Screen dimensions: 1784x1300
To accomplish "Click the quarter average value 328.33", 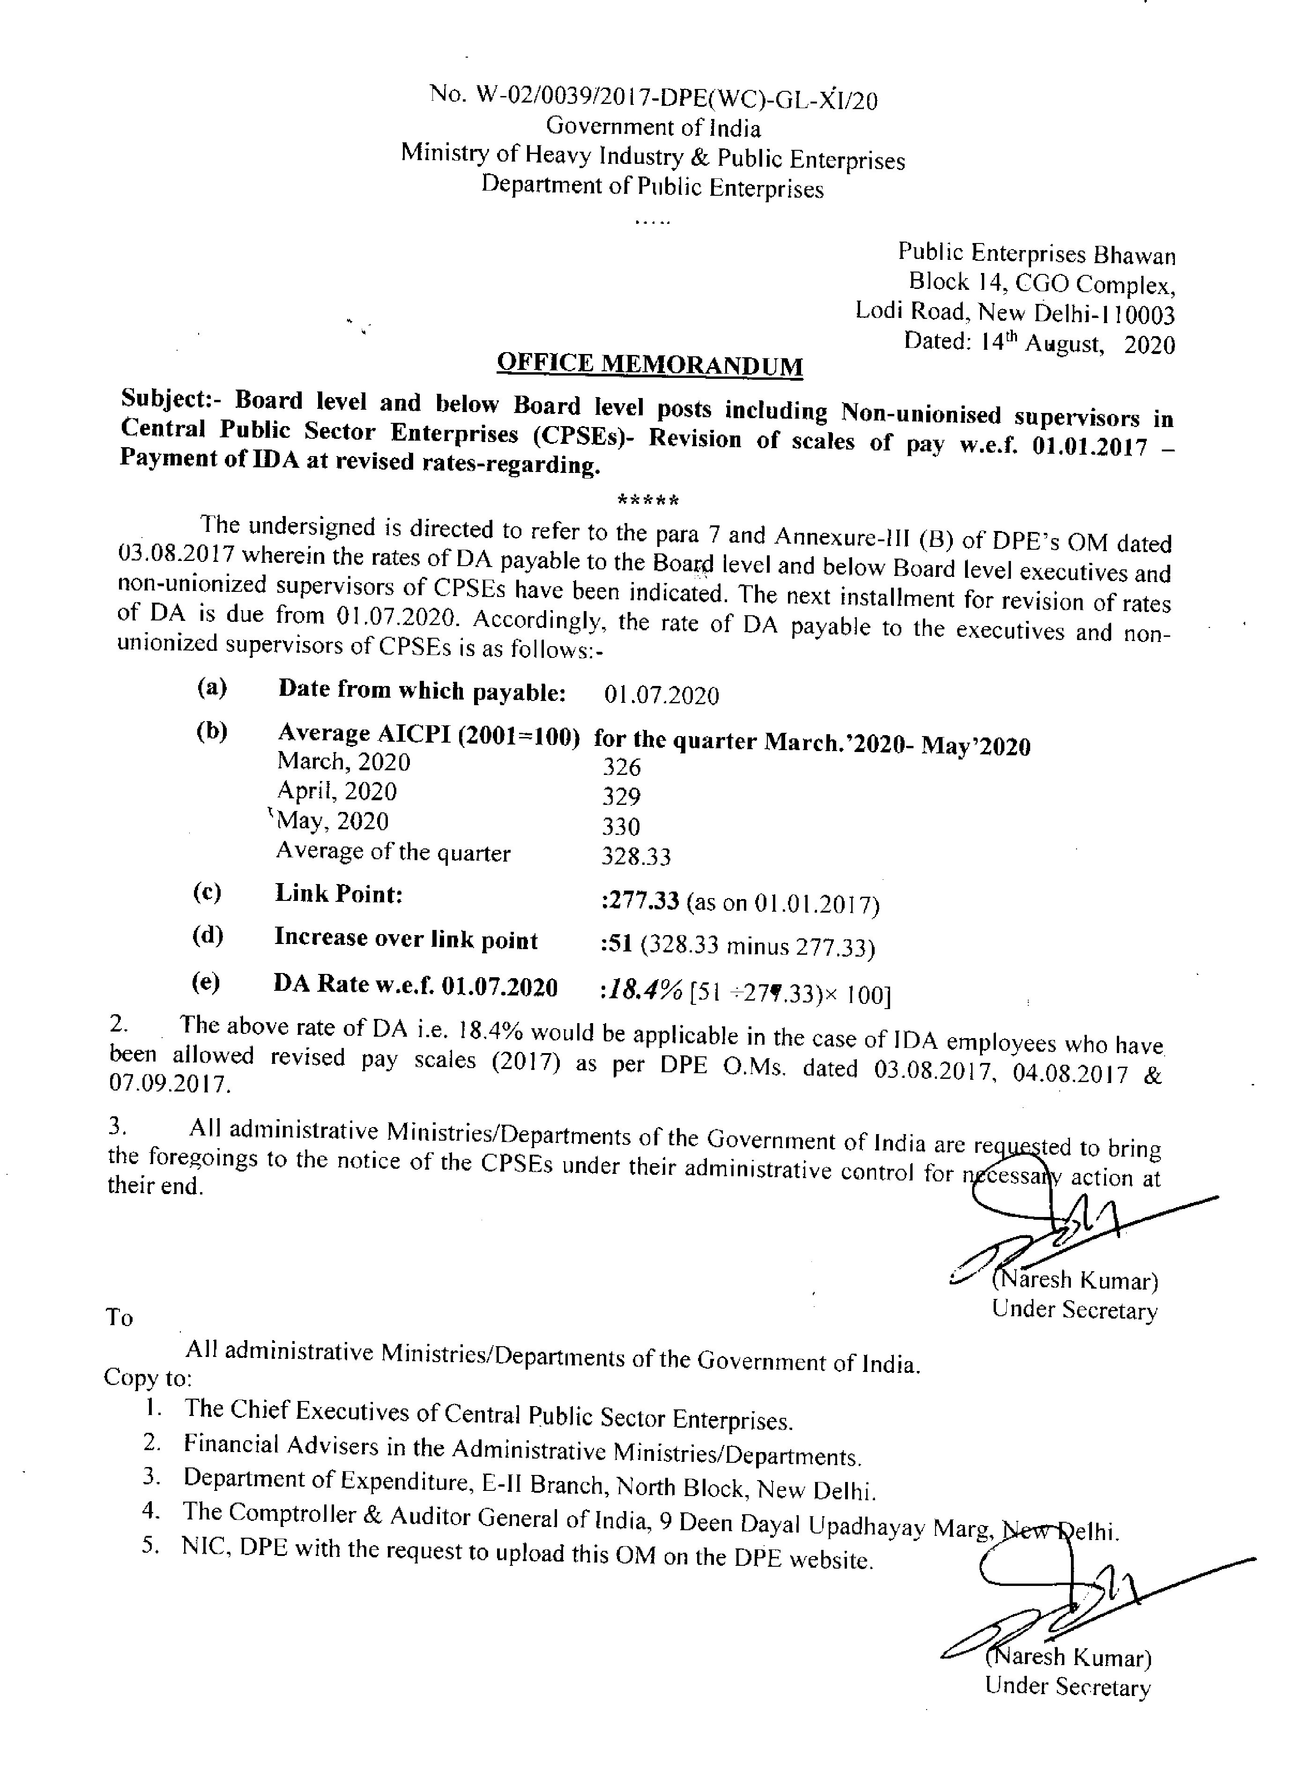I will pos(636,856).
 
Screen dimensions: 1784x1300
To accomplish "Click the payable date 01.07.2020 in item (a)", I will pos(661,695).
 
